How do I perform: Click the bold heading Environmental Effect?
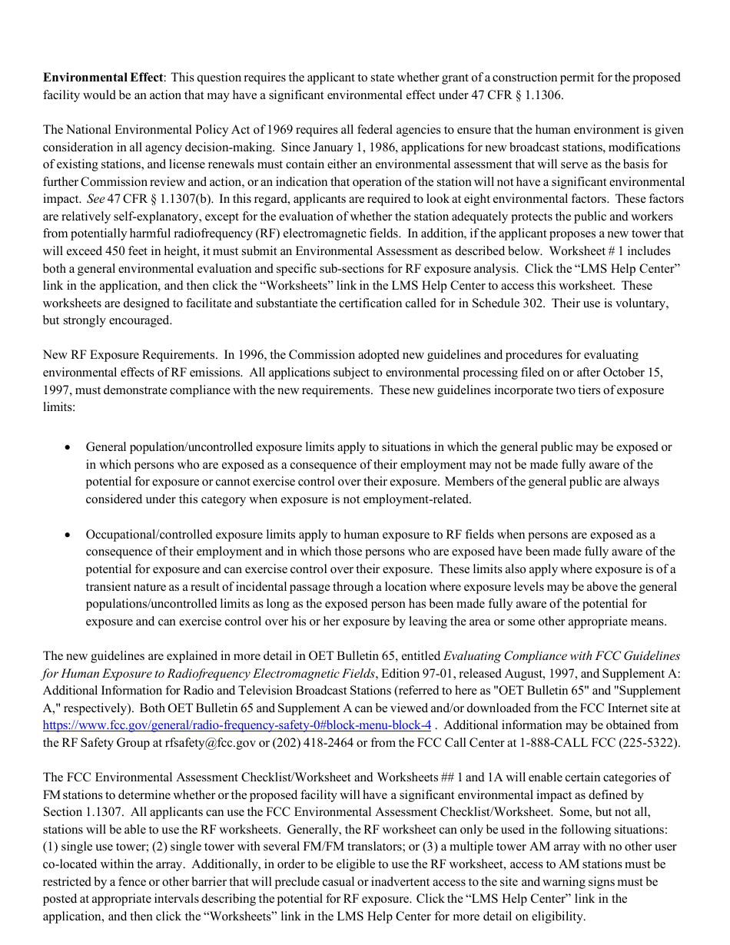pos(103,78)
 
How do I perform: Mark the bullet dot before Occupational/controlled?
pos(69,535)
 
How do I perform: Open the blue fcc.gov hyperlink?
pos(237,725)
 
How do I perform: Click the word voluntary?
pos(642,303)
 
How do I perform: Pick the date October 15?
pos(632,373)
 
